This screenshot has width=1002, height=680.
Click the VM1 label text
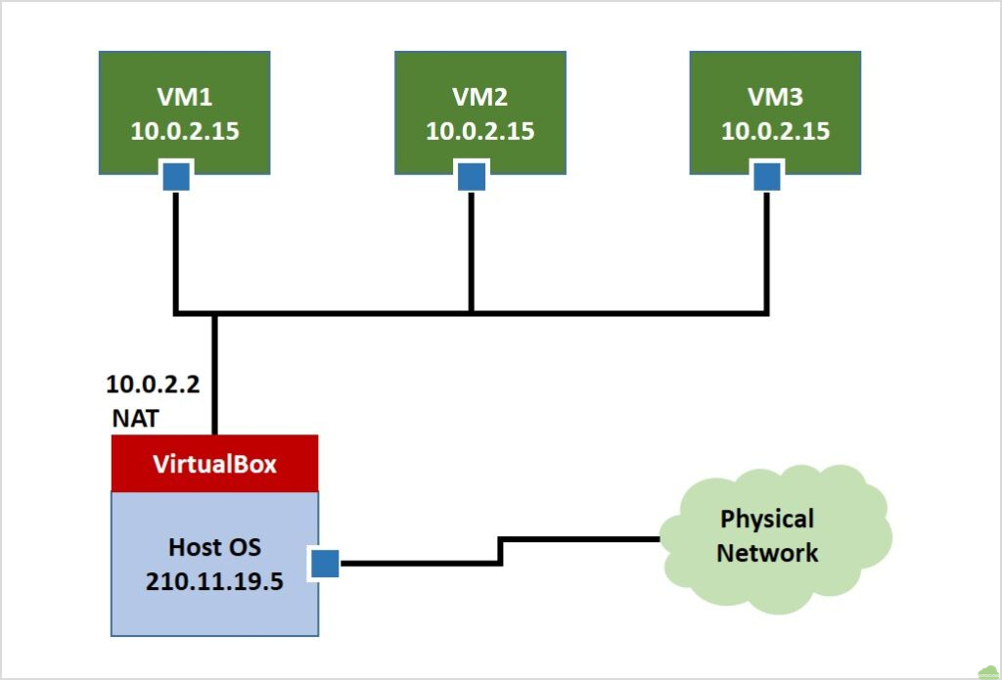coord(185,98)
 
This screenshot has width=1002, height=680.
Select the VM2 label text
coord(479,98)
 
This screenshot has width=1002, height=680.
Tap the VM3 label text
coord(775,98)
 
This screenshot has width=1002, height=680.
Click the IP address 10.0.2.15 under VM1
coord(185,131)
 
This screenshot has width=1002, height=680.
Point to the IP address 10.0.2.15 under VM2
coord(479,131)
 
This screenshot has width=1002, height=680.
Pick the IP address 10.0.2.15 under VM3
coord(775,131)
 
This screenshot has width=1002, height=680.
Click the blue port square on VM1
coord(176,177)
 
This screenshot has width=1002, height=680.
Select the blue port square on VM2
coord(471,177)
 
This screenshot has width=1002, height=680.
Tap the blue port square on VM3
coord(766,177)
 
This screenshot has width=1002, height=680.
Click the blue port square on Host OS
coord(324,564)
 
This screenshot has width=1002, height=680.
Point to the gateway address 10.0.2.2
coord(154,384)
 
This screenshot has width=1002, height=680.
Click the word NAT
coord(134,418)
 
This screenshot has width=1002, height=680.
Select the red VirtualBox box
coord(214,464)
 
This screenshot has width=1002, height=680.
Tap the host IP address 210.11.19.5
coord(214,580)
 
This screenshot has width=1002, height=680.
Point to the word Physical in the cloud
coord(767,519)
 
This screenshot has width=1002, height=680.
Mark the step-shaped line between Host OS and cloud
coord(500,550)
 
